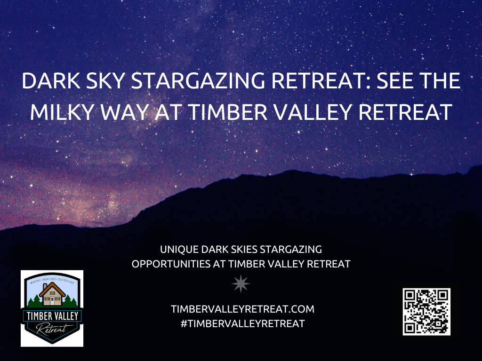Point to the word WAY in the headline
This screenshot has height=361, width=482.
coord(136,112)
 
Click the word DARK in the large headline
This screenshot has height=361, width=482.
coord(47,82)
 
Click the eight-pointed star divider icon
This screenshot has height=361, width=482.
coord(241,283)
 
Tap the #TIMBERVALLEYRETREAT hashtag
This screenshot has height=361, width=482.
coord(241,324)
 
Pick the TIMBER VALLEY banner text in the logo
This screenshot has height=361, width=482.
coord(52,315)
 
